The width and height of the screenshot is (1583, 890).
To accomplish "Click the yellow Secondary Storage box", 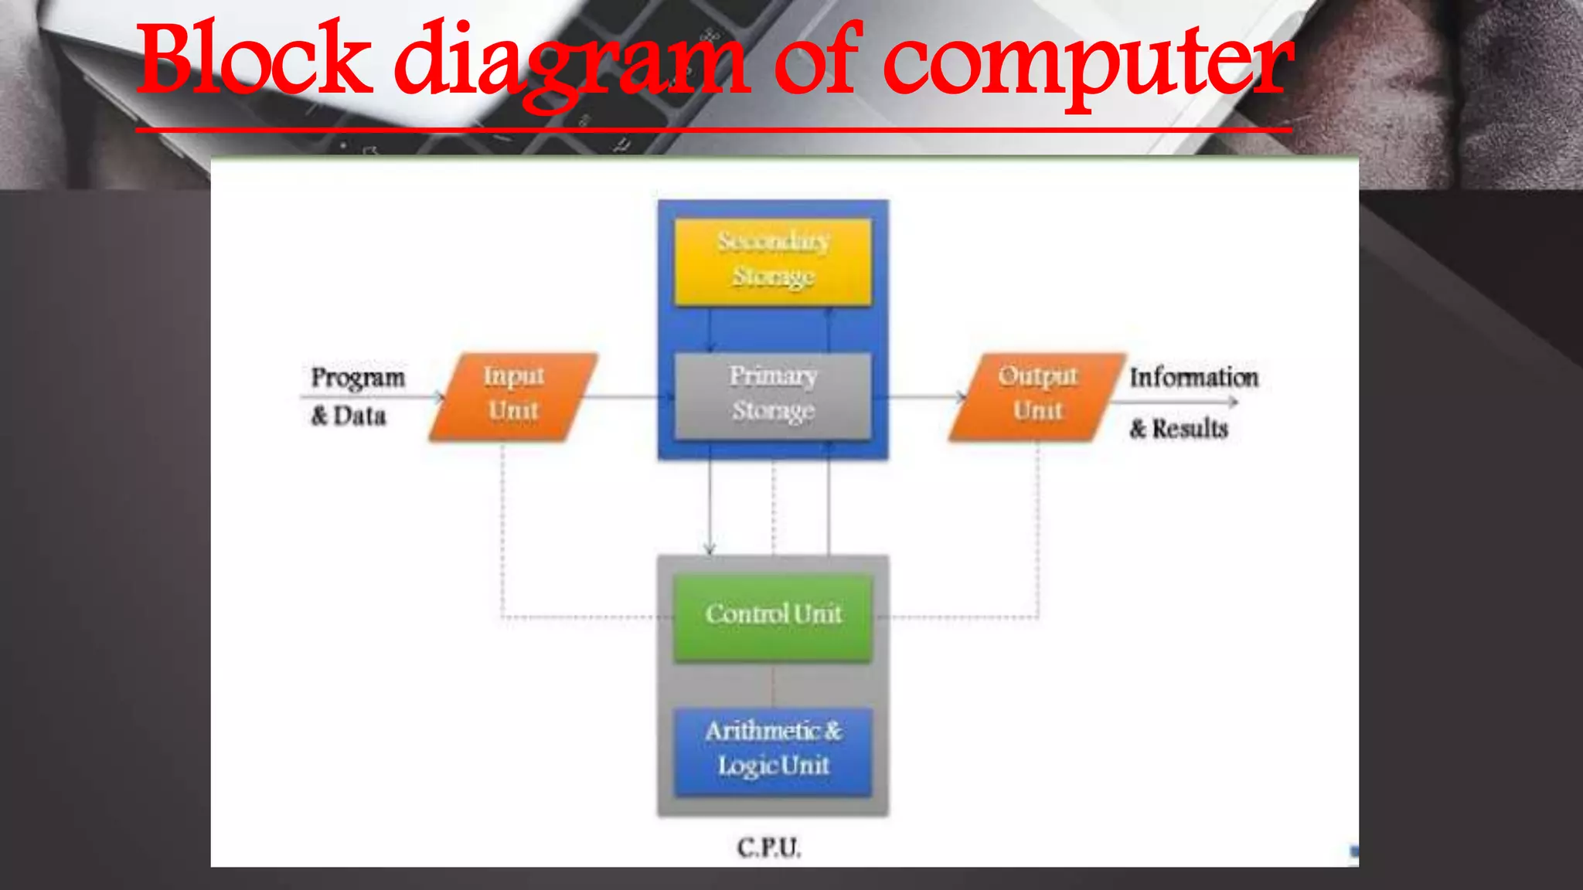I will pyautogui.click(x=773, y=260).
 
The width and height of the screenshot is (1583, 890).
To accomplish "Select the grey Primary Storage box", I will pyautogui.click(x=773, y=395).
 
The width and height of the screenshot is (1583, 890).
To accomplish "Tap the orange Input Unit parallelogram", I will pyautogui.click(x=513, y=396).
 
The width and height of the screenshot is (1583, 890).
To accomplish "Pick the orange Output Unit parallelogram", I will pyautogui.click(x=1037, y=396).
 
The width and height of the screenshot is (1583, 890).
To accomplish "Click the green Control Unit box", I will pyautogui.click(x=773, y=616).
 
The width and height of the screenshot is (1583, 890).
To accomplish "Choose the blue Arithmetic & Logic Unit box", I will pyautogui.click(x=773, y=750).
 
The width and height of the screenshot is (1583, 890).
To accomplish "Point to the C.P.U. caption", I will pyautogui.click(x=769, y=848).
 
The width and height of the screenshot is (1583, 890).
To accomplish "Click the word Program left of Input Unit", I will pyautogui.click(x=358, y=378).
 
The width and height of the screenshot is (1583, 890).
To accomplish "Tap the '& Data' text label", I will pyautogui.click(x=349, y=416).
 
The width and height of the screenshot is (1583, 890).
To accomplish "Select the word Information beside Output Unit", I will pyautogui.click(x=1193, y=378).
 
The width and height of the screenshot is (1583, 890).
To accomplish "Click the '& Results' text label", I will pyautogui.click(x=1179, y=429).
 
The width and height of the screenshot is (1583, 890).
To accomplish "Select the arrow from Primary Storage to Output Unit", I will pyautogui.click(x=924, y=398).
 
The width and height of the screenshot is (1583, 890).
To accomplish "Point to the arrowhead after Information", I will pyautogui.click(x=1233, y=402).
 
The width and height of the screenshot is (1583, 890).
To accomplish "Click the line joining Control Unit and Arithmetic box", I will pyautogui.click(x=773, y=685).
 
